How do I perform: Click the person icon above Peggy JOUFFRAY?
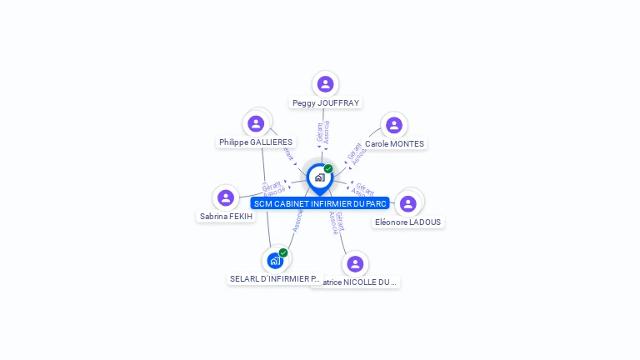coord(325,84)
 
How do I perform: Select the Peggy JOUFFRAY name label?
coord(326,103)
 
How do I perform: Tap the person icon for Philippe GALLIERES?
coord(257,124)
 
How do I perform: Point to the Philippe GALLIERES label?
coord(256,142)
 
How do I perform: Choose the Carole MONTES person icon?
coord(394,125)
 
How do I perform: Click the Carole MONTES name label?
coord(394,144)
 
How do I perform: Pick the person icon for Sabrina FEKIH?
coord(225,198)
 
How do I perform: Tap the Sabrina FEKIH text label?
coord(226,217)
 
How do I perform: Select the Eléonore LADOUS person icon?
coord(407,203)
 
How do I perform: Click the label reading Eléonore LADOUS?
coord(408,222)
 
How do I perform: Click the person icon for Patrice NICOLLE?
coord(355,264)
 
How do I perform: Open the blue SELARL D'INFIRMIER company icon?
coord(275,261)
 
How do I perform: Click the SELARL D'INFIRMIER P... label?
coord(273,279)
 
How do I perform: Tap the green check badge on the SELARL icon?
coord(283,252)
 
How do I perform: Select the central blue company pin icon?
coord(319,177)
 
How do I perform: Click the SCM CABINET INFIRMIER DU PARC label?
coord(320,203)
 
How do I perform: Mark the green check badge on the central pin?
coord(328,169)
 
